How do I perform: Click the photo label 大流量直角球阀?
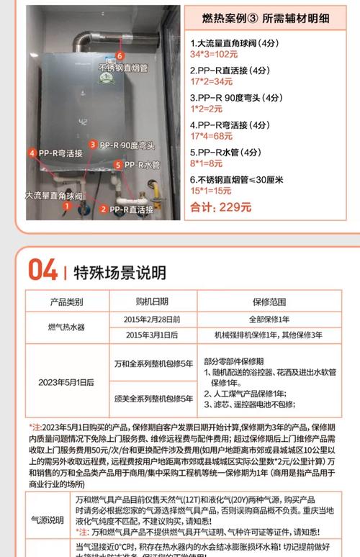[x=53, y=195]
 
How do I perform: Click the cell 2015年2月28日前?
[x=152, y=318]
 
